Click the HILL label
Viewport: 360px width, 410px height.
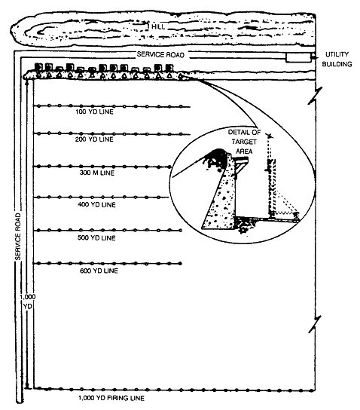coord(158,26)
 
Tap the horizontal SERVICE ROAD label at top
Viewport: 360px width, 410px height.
coord(160,55)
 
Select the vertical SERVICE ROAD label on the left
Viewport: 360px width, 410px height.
coord(18,237)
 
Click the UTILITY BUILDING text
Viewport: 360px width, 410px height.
coord(337,59)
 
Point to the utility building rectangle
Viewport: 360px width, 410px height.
coord(298,57)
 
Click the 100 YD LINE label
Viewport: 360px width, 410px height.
coord(94,112)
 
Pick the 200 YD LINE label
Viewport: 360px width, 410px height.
coord(94,139)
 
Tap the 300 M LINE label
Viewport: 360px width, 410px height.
coord(97,173)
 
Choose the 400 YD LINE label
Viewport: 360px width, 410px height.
coord(96,204)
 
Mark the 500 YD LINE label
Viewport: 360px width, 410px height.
coord(96,238)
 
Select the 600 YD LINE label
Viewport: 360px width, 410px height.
coord(99,271)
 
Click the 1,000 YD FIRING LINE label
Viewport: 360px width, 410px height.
coord(111,398)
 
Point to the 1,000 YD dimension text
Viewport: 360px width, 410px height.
coord(27,301)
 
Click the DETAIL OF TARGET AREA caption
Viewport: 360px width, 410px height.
coord(244,142)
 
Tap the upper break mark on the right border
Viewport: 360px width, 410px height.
coord(315,96)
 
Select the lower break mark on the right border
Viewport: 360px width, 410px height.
coord(315,324)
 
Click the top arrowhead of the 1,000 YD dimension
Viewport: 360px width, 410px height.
coord(27,82)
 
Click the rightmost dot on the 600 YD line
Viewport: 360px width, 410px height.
coord(180,264)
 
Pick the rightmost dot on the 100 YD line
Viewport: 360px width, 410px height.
coord(181,106)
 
